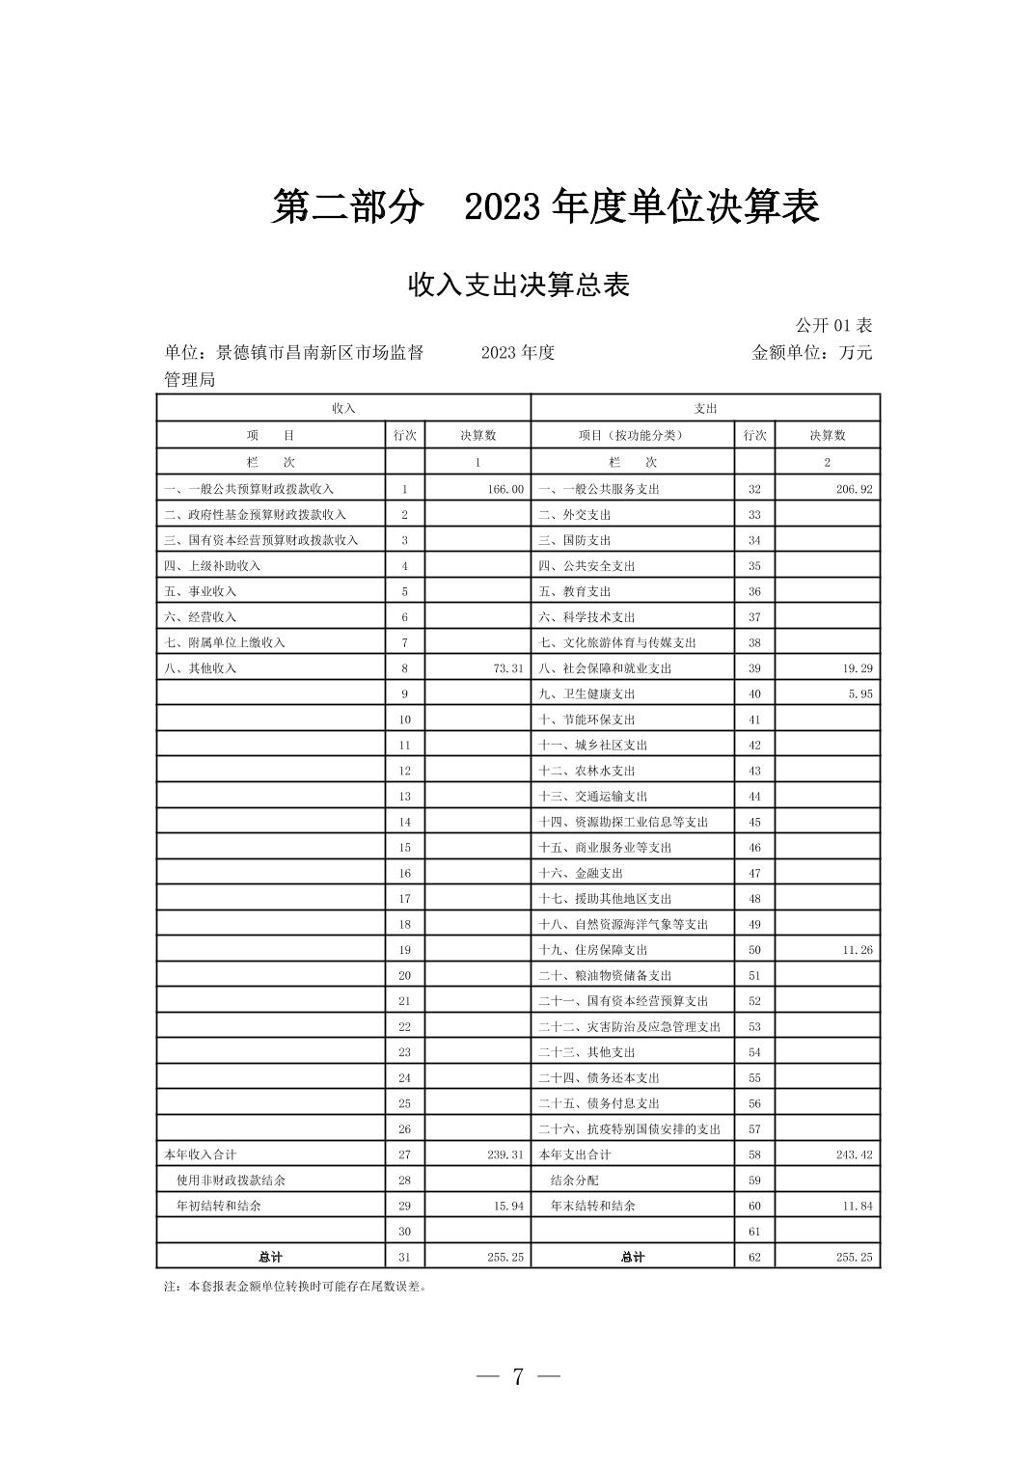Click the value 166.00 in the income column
(505, 489)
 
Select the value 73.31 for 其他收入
(508, 668)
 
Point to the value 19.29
(858, 668)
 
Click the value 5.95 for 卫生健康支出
(860, 693)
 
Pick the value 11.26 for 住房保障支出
(858, 950)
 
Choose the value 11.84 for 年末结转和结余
(858, 1206)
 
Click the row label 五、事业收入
(200, 591)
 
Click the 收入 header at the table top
(343, 408)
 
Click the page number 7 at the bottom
(518, 1377)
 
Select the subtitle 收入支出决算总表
(519, 285)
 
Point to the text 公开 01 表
(833, 326)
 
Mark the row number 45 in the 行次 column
(754, 822)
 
